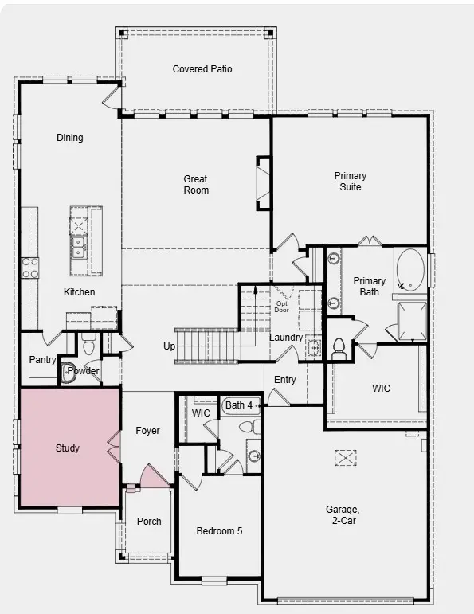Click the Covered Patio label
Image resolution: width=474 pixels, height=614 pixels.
pos(202,69)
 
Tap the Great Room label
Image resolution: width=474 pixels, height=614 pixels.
pos(196,185)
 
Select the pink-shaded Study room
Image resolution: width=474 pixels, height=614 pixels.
pos(68,448)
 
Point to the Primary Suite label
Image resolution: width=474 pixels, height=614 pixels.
pos(351,182)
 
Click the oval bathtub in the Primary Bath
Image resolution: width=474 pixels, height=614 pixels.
pos(410,269)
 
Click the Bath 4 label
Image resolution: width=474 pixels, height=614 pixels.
pos(238,405)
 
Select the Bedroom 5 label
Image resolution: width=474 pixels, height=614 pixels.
pos(219,530)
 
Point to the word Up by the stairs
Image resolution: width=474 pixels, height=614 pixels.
pos(169,346)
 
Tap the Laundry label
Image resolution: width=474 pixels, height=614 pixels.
pos(285,338)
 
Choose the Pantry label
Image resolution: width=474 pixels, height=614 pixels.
pos(42,360)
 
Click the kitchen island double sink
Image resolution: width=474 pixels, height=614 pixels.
pos(78,247)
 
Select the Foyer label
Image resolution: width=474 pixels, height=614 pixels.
pos(147,431)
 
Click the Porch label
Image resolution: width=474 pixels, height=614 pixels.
pos(149,522)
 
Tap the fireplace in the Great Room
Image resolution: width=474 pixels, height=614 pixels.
pos(262,183)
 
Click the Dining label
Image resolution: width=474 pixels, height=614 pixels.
pos(69,138)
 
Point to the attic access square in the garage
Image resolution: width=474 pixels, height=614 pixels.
pos(344,457)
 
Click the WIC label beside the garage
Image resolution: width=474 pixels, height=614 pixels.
pos(381,389)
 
